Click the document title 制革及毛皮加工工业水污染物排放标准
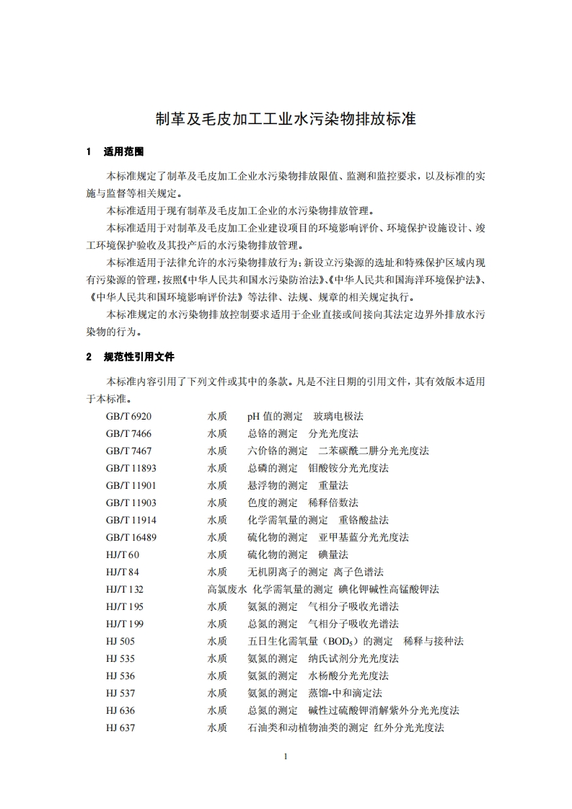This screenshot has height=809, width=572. [286, 119]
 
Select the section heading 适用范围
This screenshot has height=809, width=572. [124, 152]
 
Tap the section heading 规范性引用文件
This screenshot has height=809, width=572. [139, 356]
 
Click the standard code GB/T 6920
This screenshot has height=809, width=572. [128, 416]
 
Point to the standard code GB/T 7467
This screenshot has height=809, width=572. [128, 451]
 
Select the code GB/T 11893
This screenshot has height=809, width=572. [131, 468]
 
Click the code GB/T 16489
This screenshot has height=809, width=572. [131, 537]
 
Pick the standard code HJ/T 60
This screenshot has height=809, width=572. [122, 554]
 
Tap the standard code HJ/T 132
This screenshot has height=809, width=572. [124, 589]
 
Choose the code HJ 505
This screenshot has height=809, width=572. [120, 641]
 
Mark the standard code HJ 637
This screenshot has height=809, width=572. [120, 728]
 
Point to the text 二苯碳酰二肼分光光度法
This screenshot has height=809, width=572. [374, 451]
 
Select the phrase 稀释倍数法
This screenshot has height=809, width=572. [333, 503]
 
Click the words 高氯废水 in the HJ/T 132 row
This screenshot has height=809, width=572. [227, 589]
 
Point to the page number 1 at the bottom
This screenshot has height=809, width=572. [286, 756]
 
